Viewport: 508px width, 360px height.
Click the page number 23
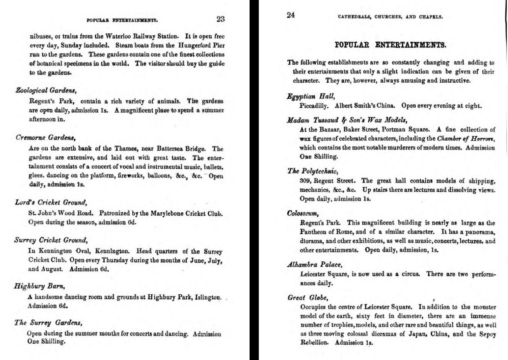click(x=220, y=19)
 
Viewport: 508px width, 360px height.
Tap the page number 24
click(x=290, y=15)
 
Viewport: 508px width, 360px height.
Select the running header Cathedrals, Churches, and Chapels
click(x=390, y=17)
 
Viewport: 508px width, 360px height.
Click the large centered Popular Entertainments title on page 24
click(x=391, y=45)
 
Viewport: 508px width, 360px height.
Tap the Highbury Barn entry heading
click(x=39, y=286)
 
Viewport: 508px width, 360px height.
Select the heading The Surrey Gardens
click(x=48, y=323)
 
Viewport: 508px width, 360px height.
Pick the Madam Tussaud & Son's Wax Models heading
click(x=347, y=120)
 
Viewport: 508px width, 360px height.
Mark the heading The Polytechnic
click(x=313, y=171)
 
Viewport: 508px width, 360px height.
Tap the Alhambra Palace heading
click(x=314, y=265)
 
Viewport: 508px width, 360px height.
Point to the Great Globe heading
click(x=308, y=298)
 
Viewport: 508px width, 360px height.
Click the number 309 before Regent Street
click(x=305, y=181)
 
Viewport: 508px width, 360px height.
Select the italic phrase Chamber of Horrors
click(x=466, y=139)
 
